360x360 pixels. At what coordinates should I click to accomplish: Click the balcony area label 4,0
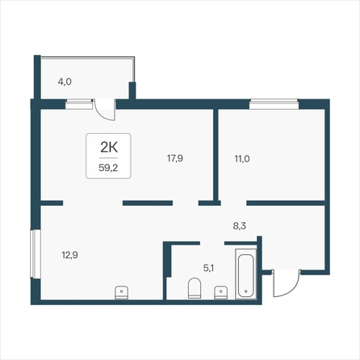[65, 82]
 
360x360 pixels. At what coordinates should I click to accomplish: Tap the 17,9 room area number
[175, 158]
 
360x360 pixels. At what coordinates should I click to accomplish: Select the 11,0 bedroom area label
[242, 159]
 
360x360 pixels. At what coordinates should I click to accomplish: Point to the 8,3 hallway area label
[240, 226]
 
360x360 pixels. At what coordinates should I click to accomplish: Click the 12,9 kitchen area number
[70, 255]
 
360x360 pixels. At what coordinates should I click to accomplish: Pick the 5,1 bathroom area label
[208, 268]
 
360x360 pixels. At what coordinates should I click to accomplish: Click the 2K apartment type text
[109, 148]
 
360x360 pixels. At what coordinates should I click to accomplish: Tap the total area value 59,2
[108, 168]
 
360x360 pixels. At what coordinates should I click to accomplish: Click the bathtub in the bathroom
[246, 274]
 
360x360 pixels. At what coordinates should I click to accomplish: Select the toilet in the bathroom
[195, 288]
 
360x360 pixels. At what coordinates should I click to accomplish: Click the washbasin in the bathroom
[221, 292]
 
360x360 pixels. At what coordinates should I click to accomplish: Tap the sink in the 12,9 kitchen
[121, 293]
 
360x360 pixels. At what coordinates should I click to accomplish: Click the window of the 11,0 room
[274, 104]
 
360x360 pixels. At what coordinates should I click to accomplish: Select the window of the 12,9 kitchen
[36, 253]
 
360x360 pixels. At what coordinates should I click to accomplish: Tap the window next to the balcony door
[79, 104]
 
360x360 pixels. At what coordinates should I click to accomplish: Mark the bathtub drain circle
[246, 291]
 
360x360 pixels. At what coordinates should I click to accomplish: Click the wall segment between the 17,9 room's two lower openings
[148, 203]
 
